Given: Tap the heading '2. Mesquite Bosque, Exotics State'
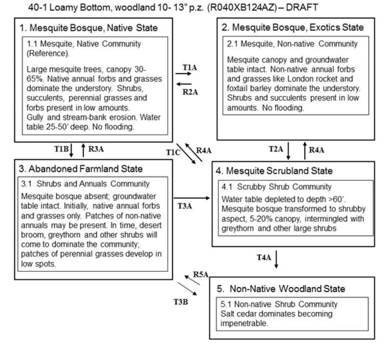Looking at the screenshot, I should [292, 27].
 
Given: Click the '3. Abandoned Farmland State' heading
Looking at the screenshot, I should [81, 169].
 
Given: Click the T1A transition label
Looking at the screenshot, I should [190, 66].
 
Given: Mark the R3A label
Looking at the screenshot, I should [96, 149].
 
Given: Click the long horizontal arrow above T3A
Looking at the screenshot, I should [192, 198].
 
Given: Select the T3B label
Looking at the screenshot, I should [180, 302].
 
